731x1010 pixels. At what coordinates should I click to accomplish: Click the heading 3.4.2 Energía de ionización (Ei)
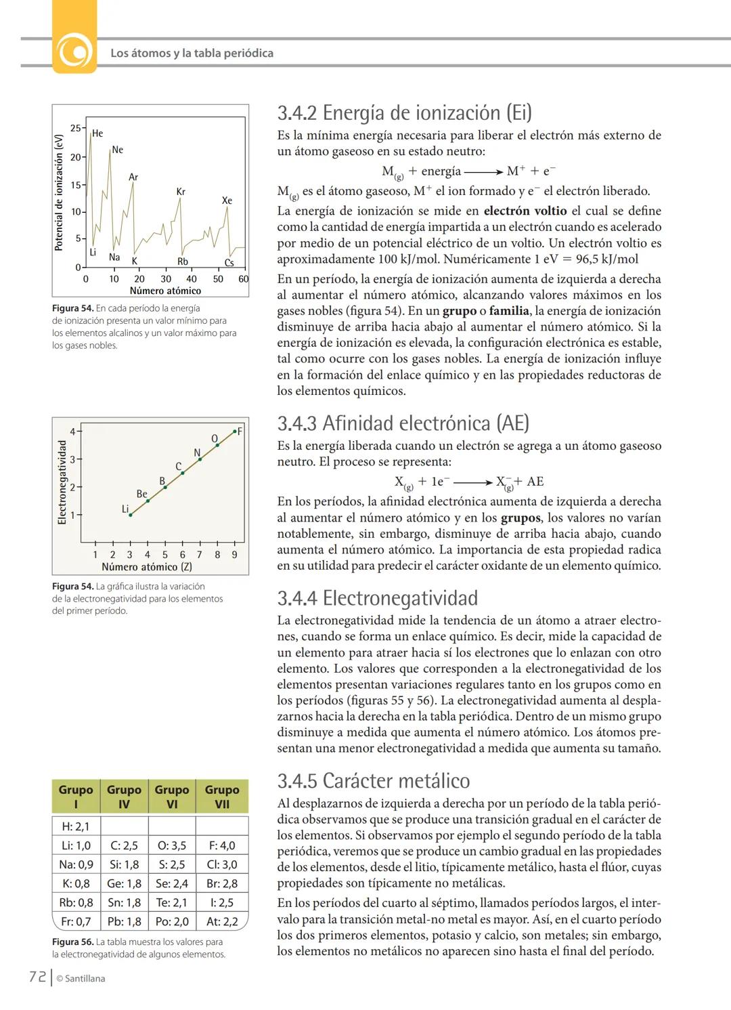click(x=404, y=112)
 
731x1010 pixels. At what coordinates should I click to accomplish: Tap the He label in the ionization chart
click(x=97, y=133)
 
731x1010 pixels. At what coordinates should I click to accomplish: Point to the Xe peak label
click(x=227, y=201)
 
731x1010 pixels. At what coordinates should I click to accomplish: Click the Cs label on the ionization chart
click(x=229, y=263)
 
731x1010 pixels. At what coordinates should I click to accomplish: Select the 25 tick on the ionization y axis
click(x=75, y=128)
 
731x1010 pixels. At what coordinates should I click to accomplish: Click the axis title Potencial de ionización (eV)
click(x=59, y=192)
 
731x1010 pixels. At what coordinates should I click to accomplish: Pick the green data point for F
click(x=235, y=431)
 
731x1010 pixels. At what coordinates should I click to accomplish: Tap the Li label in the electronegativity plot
click(x=125, y=509)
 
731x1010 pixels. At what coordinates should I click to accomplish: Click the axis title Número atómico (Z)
click(x=146, y=567)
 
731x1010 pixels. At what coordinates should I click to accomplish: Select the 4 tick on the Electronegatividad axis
click(x=72, y=431)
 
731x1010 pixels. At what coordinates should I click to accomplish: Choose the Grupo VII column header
click(x=222, y=797)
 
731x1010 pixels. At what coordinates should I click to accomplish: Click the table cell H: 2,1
click(x=76, y=826)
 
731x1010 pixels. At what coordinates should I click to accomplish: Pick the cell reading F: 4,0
click(x=222, y=845)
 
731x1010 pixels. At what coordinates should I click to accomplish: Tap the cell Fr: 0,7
click(x=76, y=921)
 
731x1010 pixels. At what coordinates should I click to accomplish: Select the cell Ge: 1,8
click(x=124, y=883)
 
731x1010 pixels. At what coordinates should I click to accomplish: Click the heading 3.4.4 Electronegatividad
click(x=377, y=598)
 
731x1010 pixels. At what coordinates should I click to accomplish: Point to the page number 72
click(x=37, y=977)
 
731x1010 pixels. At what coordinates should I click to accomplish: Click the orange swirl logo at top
click(x=74, y=52)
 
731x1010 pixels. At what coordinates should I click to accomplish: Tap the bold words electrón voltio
click(x=525, y=211)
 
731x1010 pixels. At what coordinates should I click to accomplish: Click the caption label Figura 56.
click(x=72, y=942)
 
